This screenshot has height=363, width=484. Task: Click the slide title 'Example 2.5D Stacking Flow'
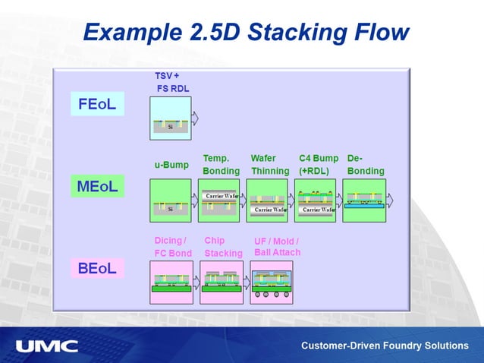click(246, 33)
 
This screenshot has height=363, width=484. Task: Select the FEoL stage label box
click(97, 104)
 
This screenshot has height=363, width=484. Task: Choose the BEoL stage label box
click(97, 268)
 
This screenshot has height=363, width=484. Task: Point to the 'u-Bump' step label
click(171, 165)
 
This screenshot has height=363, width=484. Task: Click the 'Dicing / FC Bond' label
click(173, 247)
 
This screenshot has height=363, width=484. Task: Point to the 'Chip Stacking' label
click(223, 247)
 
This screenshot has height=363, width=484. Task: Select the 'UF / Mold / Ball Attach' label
click(276, 247)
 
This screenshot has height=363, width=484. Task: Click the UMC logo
click(47, 346)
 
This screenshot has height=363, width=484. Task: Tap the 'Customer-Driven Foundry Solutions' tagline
click(385, 346)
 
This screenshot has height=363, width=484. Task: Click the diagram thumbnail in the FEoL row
click(171, 118)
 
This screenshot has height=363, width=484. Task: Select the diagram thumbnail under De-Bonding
click(364, 200)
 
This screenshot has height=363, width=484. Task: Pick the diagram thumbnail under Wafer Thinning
click(267, 200)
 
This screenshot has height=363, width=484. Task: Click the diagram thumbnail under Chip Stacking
click(222, 282)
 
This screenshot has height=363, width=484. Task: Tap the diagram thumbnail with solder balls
click(272, 282)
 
